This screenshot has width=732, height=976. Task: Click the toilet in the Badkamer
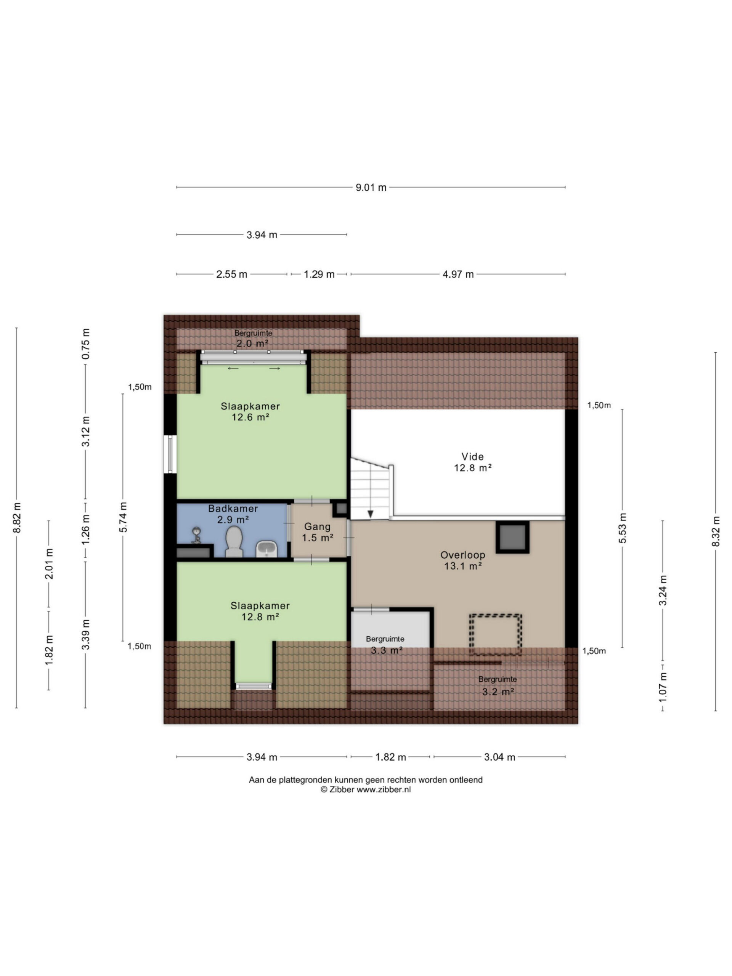[x=234, y=541]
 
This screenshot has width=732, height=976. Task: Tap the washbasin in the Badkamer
[x=266, y=549]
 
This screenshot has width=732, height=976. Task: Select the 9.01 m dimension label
[x=371, y=188]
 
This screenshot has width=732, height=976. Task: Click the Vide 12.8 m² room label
[x=472, y=462]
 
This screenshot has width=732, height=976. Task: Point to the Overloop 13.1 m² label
[x=462, y=560]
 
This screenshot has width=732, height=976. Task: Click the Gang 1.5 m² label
[x=317, y=532]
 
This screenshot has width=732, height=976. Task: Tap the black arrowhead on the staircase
[x=371, y=514]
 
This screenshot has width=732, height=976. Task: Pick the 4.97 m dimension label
[x=458, y=274]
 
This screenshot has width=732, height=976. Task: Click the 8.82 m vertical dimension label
[x=17, y=518]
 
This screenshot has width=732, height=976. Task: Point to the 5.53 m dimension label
[x=622, y=528]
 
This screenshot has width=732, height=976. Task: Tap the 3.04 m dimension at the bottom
[x=499, y=757]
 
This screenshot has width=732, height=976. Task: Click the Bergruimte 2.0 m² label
[x=253, y=339]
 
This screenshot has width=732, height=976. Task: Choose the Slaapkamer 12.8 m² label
[x=260, y=611]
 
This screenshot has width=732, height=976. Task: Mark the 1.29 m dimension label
[x=319, y=274]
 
